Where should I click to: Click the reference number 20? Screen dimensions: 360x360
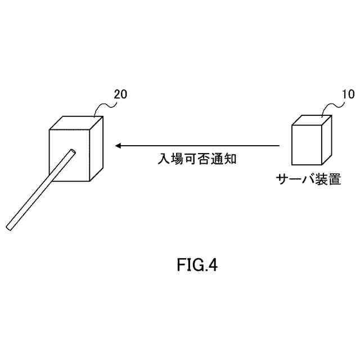(x=120, y=94)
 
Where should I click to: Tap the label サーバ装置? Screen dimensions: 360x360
(x=308, y=180)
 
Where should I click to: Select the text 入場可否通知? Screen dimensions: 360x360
(x=192, y=159)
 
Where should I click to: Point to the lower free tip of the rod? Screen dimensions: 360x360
(x=10, y=227)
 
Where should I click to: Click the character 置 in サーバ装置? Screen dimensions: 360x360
(x=334, y=180)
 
